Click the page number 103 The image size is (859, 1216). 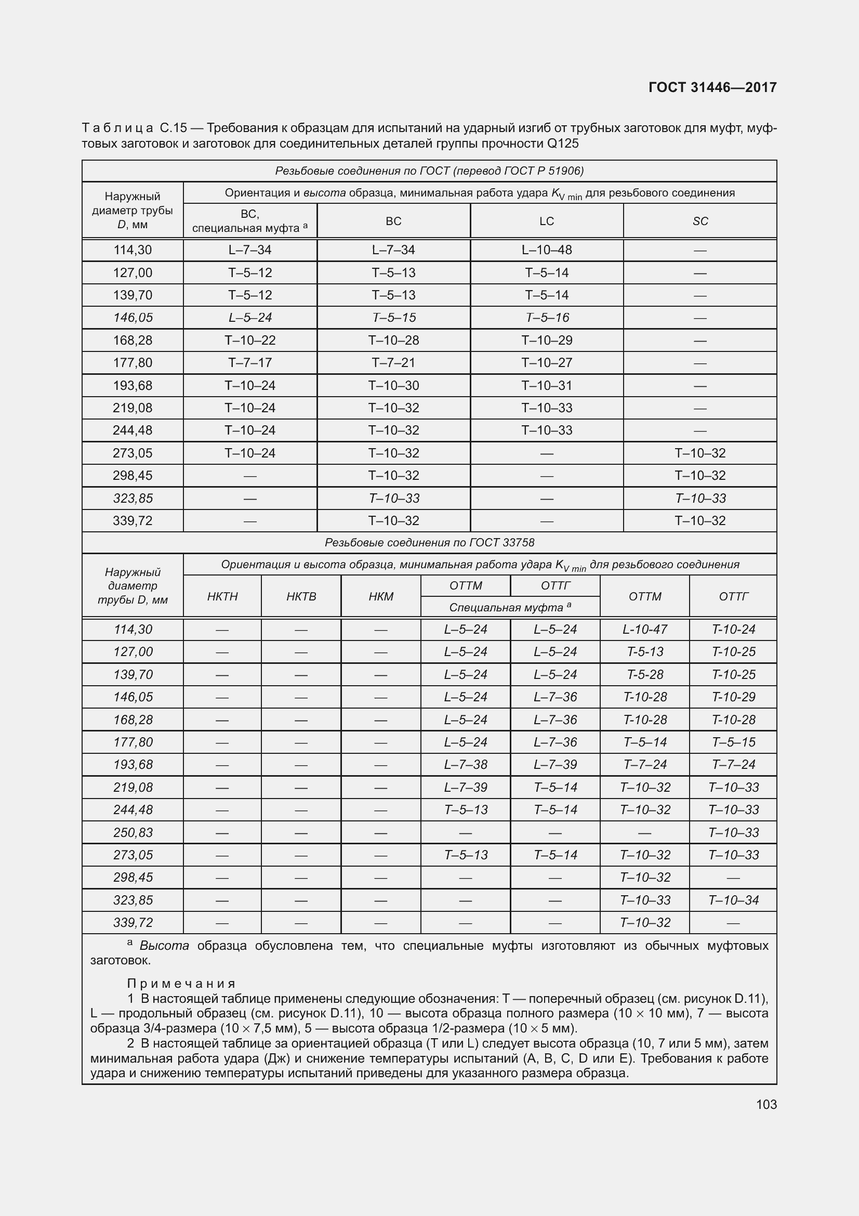tap(766, 1104)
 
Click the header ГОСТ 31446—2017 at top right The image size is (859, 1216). tap(712, 87)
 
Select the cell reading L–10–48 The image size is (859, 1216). tap(546, 250)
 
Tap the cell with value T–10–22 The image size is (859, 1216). tap(250, 341)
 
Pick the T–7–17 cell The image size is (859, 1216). tap(250, 363)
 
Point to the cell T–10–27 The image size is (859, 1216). tap(546, 363)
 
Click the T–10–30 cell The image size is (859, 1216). tap(393, 386)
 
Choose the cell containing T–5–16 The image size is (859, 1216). tap(546, 318)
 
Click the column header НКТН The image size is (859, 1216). tap(222, 596)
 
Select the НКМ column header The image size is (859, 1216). tap(380, 596)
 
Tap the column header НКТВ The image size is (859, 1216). tap(301, 596)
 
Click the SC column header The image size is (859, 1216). tap(699, 221)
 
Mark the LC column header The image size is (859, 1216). tap(546, 221)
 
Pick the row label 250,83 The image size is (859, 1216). tap(133, 832)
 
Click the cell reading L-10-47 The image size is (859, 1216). tap(645, 629)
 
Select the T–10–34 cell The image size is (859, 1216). tap(733, 900)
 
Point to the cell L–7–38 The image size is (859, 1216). tap(465, 765)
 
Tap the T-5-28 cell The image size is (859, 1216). tap(645, 675)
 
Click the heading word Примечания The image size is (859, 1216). tap(181, 984)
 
